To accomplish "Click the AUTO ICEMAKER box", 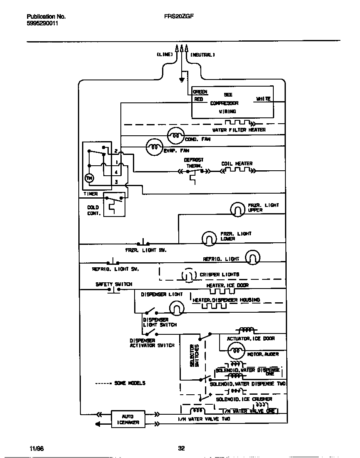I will pos(127,419).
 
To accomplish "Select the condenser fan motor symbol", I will pos(175,135).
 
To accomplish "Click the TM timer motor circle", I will pos(89,178).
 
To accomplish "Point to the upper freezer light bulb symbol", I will pos(238,209).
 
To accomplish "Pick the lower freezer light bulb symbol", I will pos(209,238).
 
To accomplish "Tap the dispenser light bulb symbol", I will pos(176,308).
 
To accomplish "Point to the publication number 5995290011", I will pos(42,24).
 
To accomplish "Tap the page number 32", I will pos(181,448).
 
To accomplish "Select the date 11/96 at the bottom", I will pos(37,448).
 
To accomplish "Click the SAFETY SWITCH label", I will pos(114,284).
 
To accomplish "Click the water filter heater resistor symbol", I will pos(238,123).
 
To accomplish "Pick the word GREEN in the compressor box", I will pos(200,92).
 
